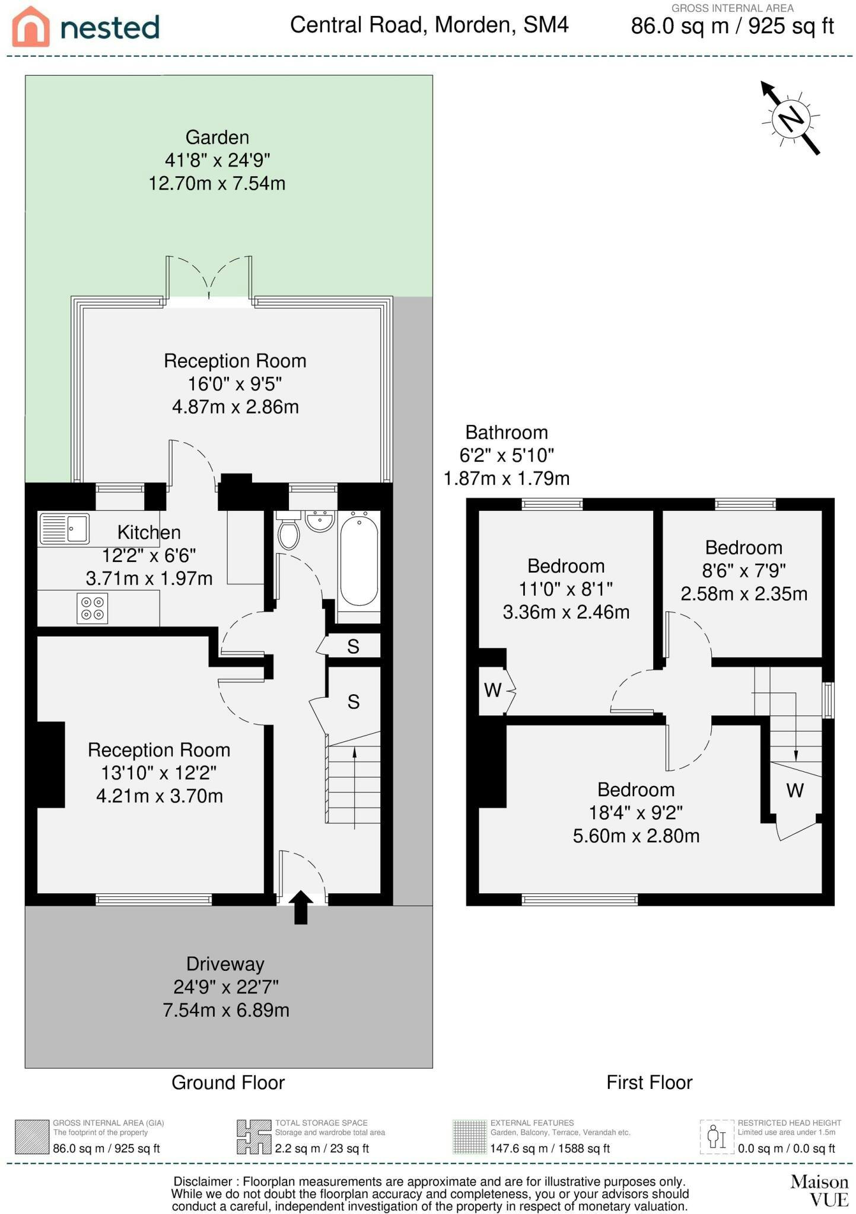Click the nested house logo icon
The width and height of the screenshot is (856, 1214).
click(31, 27)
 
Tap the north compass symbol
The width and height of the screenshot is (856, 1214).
click(791, 118)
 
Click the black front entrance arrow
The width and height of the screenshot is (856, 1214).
click(301, 907)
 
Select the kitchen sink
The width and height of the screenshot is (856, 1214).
click(64, 529)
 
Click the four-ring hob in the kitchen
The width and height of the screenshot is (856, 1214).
click(92, 608)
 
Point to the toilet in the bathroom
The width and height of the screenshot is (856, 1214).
click(289, 531)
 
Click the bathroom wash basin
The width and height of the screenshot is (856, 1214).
click(320, 520)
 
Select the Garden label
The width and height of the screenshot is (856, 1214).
click(217, 138)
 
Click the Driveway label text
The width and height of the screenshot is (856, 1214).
click(225, 964)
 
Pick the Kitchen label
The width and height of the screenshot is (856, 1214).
click(149, 532)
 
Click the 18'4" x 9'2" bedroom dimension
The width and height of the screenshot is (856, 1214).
click(636, 812)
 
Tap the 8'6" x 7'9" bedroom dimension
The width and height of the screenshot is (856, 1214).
click(744, 570)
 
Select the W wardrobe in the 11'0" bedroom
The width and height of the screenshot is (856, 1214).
click(493, 690)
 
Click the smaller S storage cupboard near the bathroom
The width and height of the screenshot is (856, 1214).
click(354, 646)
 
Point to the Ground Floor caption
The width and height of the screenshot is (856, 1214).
click(228, 1083)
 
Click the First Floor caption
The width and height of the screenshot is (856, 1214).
click(650, 1083)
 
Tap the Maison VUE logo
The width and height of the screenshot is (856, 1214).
click(820, 1190)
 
